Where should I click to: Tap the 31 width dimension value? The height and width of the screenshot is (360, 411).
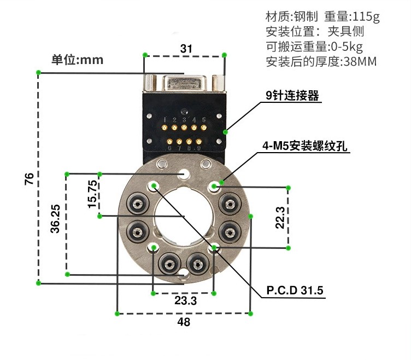pos(186,49)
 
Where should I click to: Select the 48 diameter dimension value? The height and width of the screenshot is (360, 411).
pos(184,322)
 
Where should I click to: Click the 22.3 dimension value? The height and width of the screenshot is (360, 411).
pos(280,217)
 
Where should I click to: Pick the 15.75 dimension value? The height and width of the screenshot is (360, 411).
pos(92,194)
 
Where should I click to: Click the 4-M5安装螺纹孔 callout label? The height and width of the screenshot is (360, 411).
pos(306,146)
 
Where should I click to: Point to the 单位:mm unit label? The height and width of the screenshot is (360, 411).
pos(78,60)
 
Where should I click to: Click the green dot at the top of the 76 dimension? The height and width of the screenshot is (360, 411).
pos(38,72)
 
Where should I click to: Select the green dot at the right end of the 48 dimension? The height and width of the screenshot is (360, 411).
pos(250,313)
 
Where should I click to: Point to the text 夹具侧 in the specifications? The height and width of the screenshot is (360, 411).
pos(346,32)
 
